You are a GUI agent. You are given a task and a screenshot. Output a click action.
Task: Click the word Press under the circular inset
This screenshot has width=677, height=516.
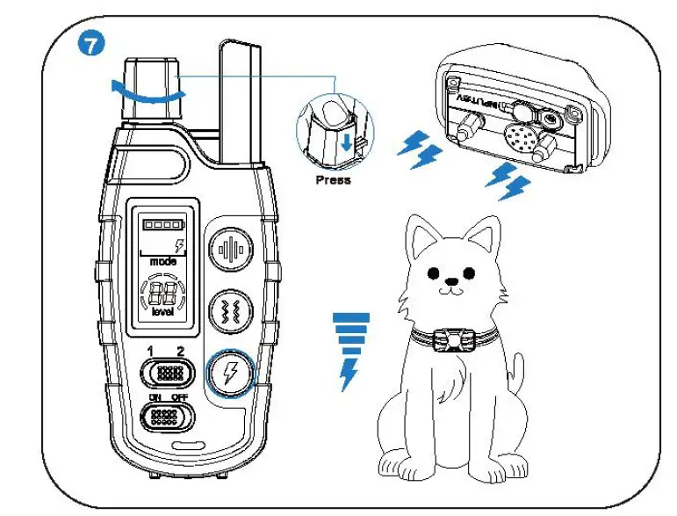click(x=333, y=179)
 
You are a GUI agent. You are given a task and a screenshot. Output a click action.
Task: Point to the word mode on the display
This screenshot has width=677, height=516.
click(x=162, y=261)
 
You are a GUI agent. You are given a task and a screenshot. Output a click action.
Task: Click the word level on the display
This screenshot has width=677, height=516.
click(x=162, y=312)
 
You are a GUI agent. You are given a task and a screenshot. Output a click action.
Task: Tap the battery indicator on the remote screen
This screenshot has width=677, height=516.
click(x=160, y=225)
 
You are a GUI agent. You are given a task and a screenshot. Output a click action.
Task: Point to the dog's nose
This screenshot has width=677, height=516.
click(x=451, y=285)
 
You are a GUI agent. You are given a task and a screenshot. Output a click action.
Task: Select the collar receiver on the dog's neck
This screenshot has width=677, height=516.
click(x=455, y=338)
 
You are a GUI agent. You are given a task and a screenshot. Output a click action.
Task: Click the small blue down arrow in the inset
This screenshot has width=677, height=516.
click(x=349, y=142)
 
